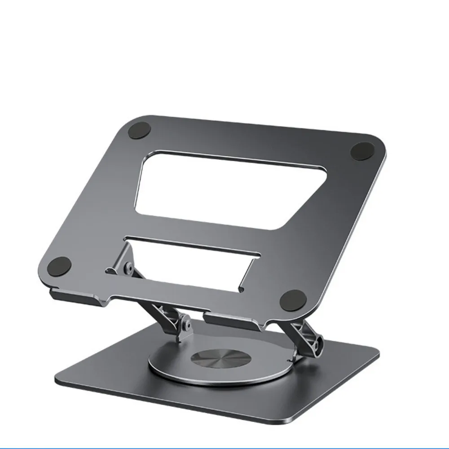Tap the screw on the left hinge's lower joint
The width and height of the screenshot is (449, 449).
(x=185, y=322)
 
